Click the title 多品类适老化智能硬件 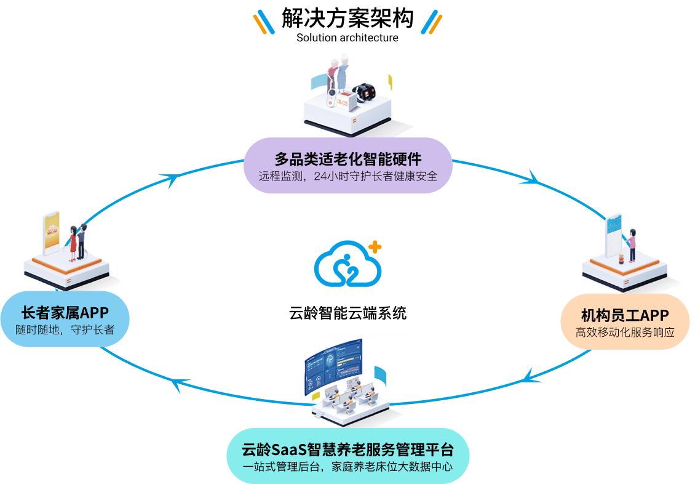pyautogui.click(x=348, y=158)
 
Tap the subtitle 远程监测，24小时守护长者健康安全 pyautogui.click(x=348, y=177)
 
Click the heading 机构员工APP pyautogui.click(x=625, y=315)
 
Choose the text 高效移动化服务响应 pyautogui.click(x=625, y=333)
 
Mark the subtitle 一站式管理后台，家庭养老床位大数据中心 pyautogui.click(x=348, y=466)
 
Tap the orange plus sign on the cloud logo pyautogui.click(x=374, y=247)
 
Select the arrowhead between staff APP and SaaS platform pyautogui.click(x=532, y=375)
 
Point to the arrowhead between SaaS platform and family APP pyautogui.click(x=175, y=385)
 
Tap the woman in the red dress pyautogui.click(x=73, y=242)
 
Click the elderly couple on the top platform pyautogui.click(x=338, y=73)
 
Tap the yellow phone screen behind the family pyautogui.click(x=52, y=232)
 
